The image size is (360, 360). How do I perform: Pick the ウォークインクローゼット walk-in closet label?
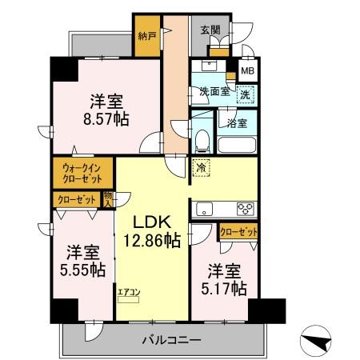click(x=83, y=173)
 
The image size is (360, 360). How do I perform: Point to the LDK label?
click(x=149, y=222)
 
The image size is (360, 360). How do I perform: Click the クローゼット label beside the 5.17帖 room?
click(x=238, y=233)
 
